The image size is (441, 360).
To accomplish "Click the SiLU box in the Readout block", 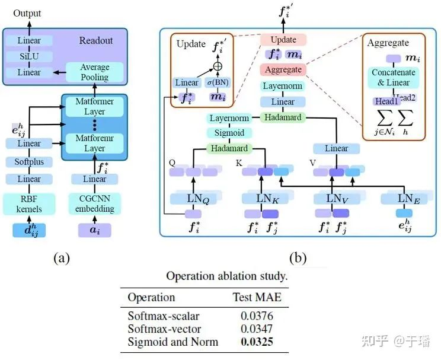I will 29,57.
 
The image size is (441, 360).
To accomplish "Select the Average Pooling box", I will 94,72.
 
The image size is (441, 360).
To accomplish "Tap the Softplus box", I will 29,161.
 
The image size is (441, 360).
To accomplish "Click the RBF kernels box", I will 29,203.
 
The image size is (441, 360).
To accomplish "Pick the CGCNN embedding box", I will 95,203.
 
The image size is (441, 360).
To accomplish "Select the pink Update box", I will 283,40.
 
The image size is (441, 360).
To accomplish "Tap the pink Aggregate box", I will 283,69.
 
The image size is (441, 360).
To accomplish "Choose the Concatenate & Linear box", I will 394,78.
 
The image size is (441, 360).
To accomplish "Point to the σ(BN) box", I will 218,83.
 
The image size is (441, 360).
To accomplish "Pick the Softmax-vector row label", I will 164,329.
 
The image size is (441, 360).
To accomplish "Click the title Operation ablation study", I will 227,276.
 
